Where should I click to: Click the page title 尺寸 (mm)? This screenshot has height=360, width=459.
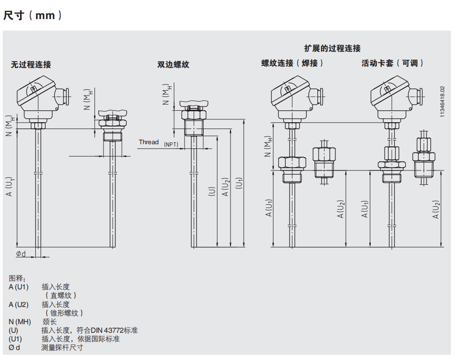point(32,15)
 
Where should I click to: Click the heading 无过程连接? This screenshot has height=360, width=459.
point(31,64)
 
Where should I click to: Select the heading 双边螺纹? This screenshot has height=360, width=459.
point(173,64)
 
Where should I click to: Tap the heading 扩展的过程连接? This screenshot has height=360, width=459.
point(333,48)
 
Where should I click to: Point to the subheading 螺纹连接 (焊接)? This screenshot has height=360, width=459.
point(292,63)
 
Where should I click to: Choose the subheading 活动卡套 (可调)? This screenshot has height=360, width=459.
point(393,63)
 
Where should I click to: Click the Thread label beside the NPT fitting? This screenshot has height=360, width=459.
point(148,142)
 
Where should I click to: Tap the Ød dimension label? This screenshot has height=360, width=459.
point(21,254)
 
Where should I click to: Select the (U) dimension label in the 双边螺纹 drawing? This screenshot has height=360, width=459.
point(212,191)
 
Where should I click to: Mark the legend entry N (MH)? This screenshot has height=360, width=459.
point(20,322)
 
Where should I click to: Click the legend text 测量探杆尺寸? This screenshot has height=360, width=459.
point(62,348)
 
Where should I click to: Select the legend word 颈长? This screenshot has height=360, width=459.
point(49,322)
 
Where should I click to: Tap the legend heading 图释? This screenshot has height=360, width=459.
point(17,278)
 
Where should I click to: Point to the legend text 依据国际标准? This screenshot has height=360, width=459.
point(98,339)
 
